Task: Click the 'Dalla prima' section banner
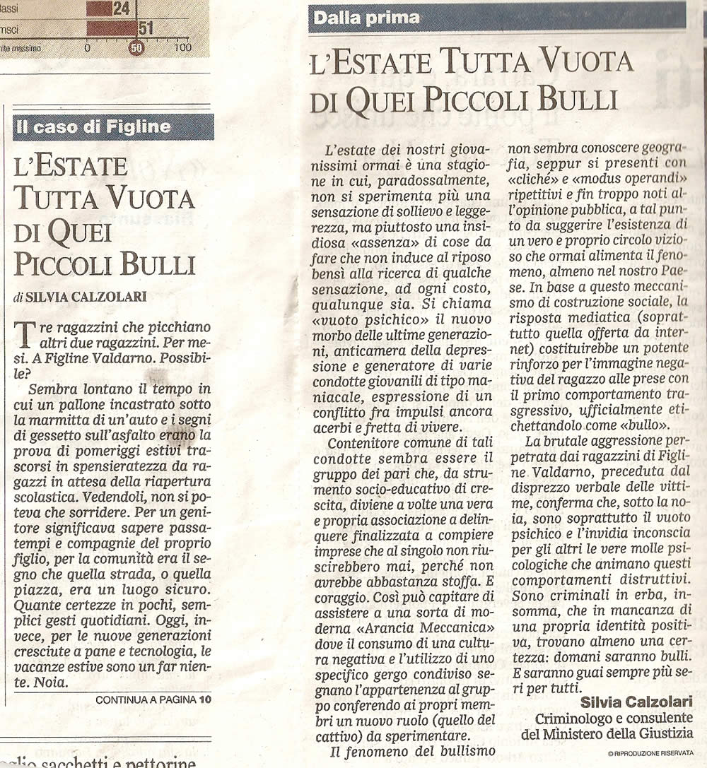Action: [366, 18]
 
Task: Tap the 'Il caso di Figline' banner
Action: [93, 127]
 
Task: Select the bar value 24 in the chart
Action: [121, 9]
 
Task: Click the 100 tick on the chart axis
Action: [182, 48]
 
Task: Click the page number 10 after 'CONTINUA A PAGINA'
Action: [205, 699]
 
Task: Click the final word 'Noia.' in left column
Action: [49, 683]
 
